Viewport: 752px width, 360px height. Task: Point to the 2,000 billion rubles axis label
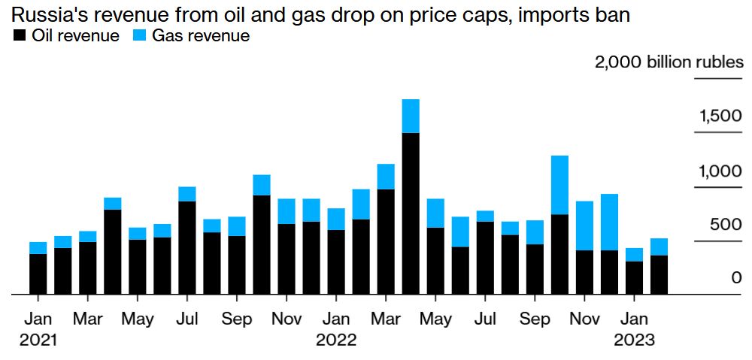point(669,62)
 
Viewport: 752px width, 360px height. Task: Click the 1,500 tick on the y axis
point(721,116)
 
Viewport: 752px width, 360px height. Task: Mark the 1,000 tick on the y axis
point(721,171)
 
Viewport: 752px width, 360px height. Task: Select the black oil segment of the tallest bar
point(411,213)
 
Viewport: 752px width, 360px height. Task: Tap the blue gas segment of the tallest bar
point(411,116)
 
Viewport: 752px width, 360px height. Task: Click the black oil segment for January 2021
point(38,274)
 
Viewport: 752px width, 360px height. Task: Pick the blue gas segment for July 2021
point(187,194)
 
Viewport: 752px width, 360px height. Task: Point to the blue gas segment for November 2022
point(584,225)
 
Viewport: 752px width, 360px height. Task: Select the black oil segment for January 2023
point(634,277)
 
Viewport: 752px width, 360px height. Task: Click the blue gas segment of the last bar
point(659,247)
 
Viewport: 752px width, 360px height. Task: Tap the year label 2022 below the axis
point(336,340)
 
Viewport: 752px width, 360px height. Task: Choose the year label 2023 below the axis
point(634,340)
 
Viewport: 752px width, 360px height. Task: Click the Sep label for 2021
point(237,319)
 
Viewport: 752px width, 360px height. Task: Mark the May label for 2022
point(435,319)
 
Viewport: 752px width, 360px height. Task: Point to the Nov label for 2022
point(584,319)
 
